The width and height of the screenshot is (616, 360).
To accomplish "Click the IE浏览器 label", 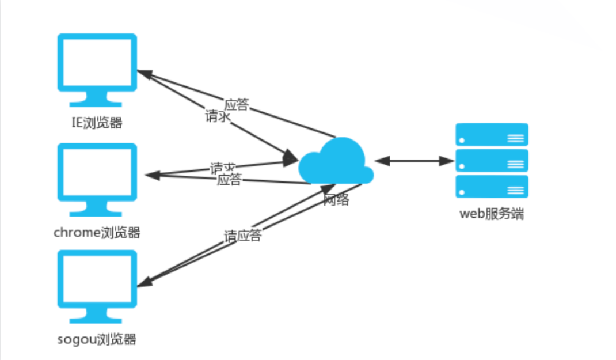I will click(x=97, y=123).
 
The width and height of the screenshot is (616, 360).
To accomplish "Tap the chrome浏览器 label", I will click(x=97, y=233).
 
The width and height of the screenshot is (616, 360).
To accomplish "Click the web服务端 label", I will click(x=492, y=214).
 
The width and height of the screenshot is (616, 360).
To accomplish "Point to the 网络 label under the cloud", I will click(x=336, y=200).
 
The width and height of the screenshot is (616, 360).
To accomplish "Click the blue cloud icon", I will click(x=335, y=162).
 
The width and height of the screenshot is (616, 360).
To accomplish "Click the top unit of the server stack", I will click(x=492, y=135).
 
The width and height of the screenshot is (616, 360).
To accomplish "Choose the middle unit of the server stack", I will click(x=492, y=161).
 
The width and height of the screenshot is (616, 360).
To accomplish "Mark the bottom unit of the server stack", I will click(x=492, y=187).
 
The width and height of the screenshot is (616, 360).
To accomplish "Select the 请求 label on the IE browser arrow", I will click(x=218, y=117).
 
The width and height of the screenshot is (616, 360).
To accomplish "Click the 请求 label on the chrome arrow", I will click(x=223, y=168).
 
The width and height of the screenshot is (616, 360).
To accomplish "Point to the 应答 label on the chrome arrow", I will click(x=229, y=180).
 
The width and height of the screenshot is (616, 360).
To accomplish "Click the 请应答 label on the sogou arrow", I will click(x=242, y=236).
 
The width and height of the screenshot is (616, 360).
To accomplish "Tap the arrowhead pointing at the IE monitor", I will click(x=144, y=74).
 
